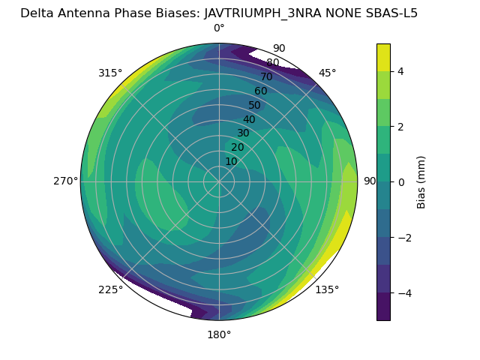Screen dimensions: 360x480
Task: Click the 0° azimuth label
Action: point(219,28)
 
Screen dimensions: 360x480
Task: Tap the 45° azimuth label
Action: point(327,73)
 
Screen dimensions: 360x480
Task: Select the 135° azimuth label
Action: point(327,289)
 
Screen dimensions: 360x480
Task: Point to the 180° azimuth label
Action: point(219,334)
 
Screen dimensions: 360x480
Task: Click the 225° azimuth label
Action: point(110,289)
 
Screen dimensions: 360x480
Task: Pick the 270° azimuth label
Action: point(66,181)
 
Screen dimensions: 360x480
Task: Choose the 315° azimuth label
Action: point(110,73)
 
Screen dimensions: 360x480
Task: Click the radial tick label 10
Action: point(231,161)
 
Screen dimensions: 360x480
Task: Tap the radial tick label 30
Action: point(243,133)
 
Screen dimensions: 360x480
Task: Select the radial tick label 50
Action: point(255,105)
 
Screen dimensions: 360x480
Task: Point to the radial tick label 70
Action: point(266,77)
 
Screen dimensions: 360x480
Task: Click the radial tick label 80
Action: point(272,63)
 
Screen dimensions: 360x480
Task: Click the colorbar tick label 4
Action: point(401,71)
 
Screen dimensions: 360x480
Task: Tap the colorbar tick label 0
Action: point(401,182)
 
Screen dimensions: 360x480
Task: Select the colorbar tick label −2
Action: point(402,238)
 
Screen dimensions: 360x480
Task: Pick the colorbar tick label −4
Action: point(402,293)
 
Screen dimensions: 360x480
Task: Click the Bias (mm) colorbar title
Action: point(421,182)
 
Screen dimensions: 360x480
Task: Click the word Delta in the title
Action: point(37,13)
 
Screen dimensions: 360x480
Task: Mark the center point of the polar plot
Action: point(219,181)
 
